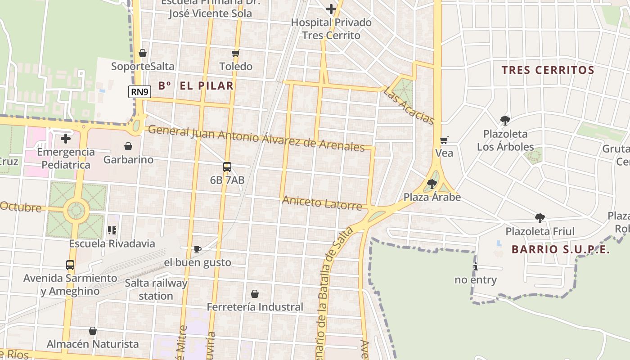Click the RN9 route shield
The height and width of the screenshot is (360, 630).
coord(139,92)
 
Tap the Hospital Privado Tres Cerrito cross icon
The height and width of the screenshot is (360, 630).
coord(331,9)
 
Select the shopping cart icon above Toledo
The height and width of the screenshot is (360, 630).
coord(235,54)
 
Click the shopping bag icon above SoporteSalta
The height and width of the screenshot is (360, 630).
coord(143,53)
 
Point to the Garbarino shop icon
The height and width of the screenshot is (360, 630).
coord(128,146)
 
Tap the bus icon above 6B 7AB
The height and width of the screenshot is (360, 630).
coord(227,167)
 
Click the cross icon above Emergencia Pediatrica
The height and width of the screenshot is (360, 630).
coord(66,139)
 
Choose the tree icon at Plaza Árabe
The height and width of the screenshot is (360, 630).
coord(432,184)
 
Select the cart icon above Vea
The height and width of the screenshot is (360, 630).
coord(444,140)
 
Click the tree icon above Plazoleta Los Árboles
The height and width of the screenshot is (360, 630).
coord(505,120)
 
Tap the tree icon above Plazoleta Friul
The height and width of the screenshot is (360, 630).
coord(540,218)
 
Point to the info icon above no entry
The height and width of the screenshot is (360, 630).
coord(475,266)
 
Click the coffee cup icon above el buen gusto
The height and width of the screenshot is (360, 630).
coord(197,249)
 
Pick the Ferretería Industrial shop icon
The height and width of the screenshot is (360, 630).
coord(255,294)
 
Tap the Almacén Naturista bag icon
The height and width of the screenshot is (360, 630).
coord(93,331)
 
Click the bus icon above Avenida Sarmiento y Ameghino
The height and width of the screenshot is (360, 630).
coord(70,265)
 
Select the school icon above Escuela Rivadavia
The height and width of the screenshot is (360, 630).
coord(112,230)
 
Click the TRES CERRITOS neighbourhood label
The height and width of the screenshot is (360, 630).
coord(548,70)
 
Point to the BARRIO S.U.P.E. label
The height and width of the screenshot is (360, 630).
coord(561,249)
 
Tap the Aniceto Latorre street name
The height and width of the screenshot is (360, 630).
coord(322,203)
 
